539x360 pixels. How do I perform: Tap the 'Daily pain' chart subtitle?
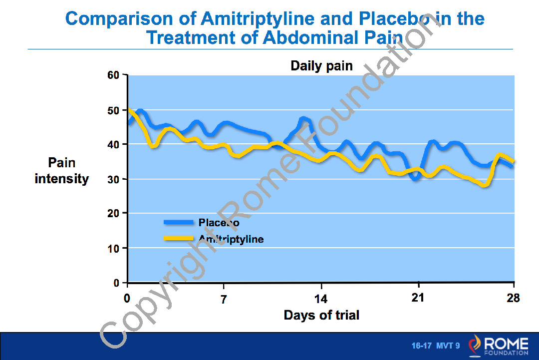[x=321, y=66]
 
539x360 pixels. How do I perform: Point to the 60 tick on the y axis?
[x=114, y=75]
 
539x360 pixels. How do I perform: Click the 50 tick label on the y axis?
[x=114, y=110]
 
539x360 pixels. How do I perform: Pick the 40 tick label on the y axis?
[x=114, y=144]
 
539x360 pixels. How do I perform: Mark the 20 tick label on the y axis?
[x=114, y=213]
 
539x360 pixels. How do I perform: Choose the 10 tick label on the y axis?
[x=114, y=248]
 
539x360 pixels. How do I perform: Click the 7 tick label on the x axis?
[x=224, y=300]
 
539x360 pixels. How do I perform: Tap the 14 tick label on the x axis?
[x=321, y=300]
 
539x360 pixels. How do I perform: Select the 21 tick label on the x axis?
[x=418, y=298]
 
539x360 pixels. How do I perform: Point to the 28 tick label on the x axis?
[x=513, y=299]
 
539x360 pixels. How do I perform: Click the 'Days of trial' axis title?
[x=321, y=315]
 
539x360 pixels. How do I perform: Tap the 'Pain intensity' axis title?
[x=62, y=171]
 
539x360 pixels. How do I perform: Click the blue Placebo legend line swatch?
[x=178, y=222]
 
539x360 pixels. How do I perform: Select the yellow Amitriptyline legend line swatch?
[x=178, y=238]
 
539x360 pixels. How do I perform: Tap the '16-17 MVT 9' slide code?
[x=435, y=346]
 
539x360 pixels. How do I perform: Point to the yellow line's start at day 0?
[x=129, y=109]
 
